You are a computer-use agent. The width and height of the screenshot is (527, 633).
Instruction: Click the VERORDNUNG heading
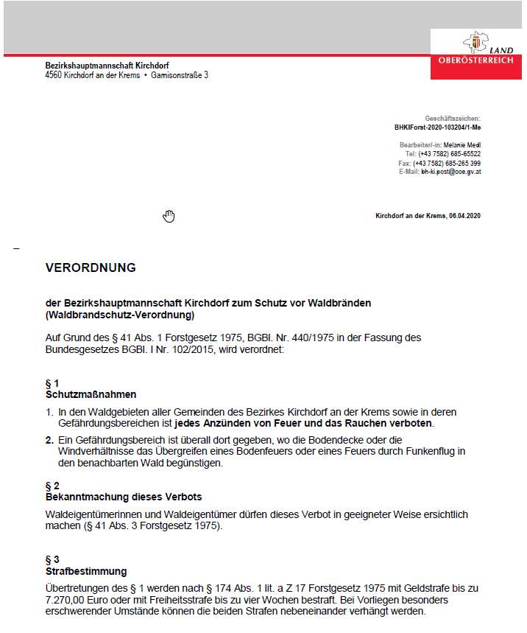coord(91,267)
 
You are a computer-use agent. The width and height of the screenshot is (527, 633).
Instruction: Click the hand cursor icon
coord(169,216)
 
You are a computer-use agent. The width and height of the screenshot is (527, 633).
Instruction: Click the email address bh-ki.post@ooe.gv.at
coord(450,171)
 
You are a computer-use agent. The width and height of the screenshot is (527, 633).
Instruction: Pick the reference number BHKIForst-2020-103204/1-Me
coord(437,127)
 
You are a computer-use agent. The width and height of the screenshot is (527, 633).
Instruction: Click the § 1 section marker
coord(52,384)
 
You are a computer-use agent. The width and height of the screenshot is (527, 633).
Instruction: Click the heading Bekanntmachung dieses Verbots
coord(124,497)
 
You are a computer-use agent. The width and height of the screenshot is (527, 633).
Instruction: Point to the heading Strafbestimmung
coord(86,571)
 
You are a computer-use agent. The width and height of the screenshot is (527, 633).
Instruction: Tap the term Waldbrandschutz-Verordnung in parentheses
coord(119,315)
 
